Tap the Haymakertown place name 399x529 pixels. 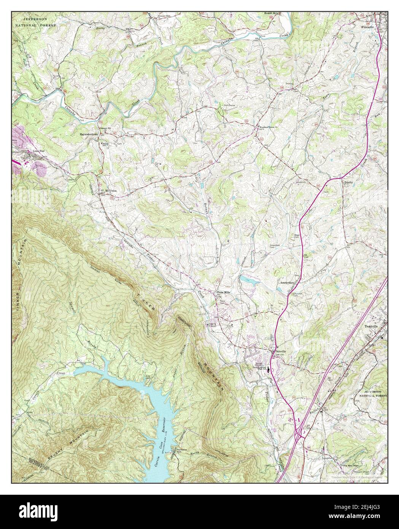[89, 135]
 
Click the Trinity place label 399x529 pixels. [348, 182]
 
